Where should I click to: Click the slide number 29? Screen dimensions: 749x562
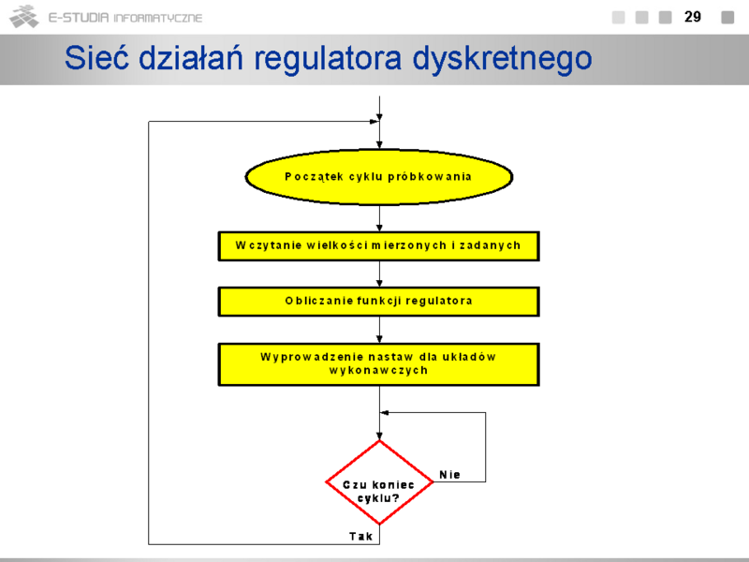[693, 17]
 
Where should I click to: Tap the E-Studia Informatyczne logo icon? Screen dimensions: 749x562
[24, 17]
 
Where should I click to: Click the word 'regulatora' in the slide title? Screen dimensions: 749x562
[328, 59]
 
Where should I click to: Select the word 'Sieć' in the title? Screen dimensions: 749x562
[96, 58]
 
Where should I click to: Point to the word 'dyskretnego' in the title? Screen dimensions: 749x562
[502, 59]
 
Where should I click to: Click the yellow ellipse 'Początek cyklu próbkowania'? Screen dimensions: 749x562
[379, 177]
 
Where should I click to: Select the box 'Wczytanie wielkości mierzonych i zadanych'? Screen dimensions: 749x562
[379, 246]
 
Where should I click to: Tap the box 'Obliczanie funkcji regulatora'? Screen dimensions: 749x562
[379, 302]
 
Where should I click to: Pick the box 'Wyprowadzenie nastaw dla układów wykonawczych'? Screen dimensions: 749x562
[379, 364]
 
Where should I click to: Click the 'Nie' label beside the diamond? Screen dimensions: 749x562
[450, 475]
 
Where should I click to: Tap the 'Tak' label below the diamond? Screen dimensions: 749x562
[360, 536]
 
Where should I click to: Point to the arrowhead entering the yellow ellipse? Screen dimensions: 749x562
[379, 145]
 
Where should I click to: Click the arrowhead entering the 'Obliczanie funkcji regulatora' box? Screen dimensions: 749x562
[379, 284]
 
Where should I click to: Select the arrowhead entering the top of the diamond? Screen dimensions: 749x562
[379, 436]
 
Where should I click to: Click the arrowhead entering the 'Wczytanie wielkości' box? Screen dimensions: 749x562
[379, 228]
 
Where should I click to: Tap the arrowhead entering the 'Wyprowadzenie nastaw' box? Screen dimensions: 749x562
[379, 339]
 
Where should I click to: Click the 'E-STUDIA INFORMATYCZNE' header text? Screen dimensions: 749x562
[125, 18]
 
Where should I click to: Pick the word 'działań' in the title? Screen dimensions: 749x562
[191, 58]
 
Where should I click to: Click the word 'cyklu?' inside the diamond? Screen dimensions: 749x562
[378, 498]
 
